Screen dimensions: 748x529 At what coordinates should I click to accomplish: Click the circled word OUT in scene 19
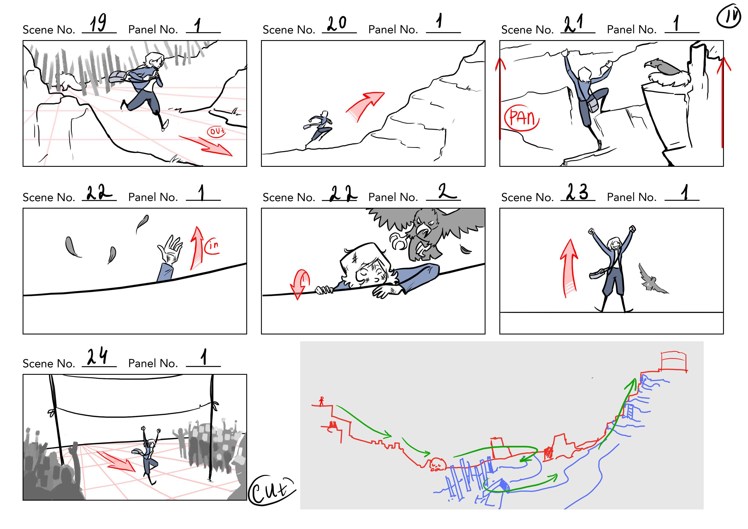217,131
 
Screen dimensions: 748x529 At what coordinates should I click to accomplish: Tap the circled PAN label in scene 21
522,118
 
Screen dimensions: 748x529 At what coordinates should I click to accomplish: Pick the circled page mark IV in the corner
728,16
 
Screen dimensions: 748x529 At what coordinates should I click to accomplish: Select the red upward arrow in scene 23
569,268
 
